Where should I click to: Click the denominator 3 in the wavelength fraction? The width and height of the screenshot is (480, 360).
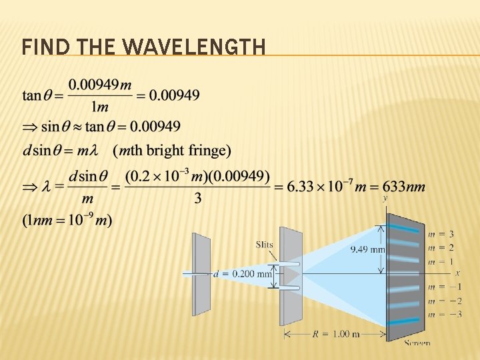tap(198, 198)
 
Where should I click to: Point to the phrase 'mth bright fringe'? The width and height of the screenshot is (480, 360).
tap(172, 151)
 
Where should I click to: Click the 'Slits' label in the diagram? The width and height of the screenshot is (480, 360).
tap(264, 245)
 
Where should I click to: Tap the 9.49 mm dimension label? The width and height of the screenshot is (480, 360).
tap(368, 249)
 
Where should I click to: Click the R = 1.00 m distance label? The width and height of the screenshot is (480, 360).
tap(336, 334)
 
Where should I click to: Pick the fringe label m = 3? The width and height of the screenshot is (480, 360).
tap(442, 234)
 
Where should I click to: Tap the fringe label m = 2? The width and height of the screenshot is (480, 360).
tap(442, 247)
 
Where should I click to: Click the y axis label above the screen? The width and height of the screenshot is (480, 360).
tap(385, 198)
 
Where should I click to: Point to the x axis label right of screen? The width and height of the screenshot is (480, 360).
tap(457, 273)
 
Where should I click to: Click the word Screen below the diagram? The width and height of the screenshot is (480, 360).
tap(417, 343)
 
